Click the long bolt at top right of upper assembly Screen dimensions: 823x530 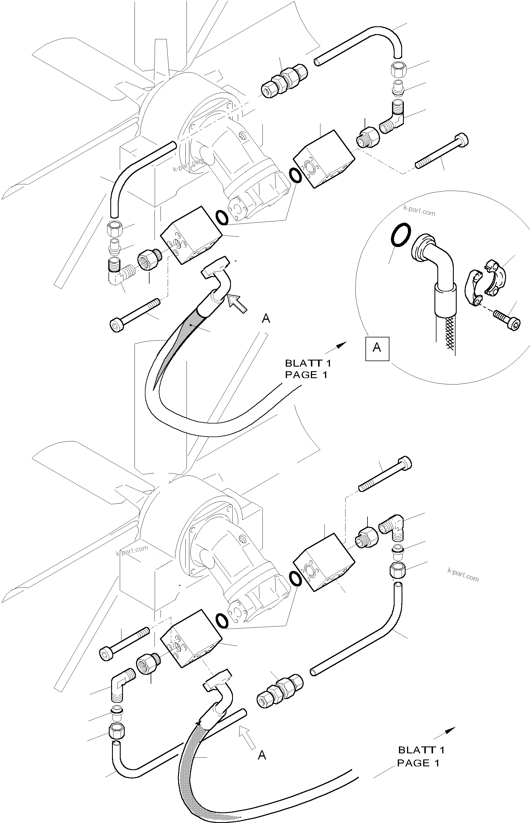[443, 151]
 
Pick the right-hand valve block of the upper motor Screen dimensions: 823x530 [324, 159]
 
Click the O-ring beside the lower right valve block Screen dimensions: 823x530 [296, 579]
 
